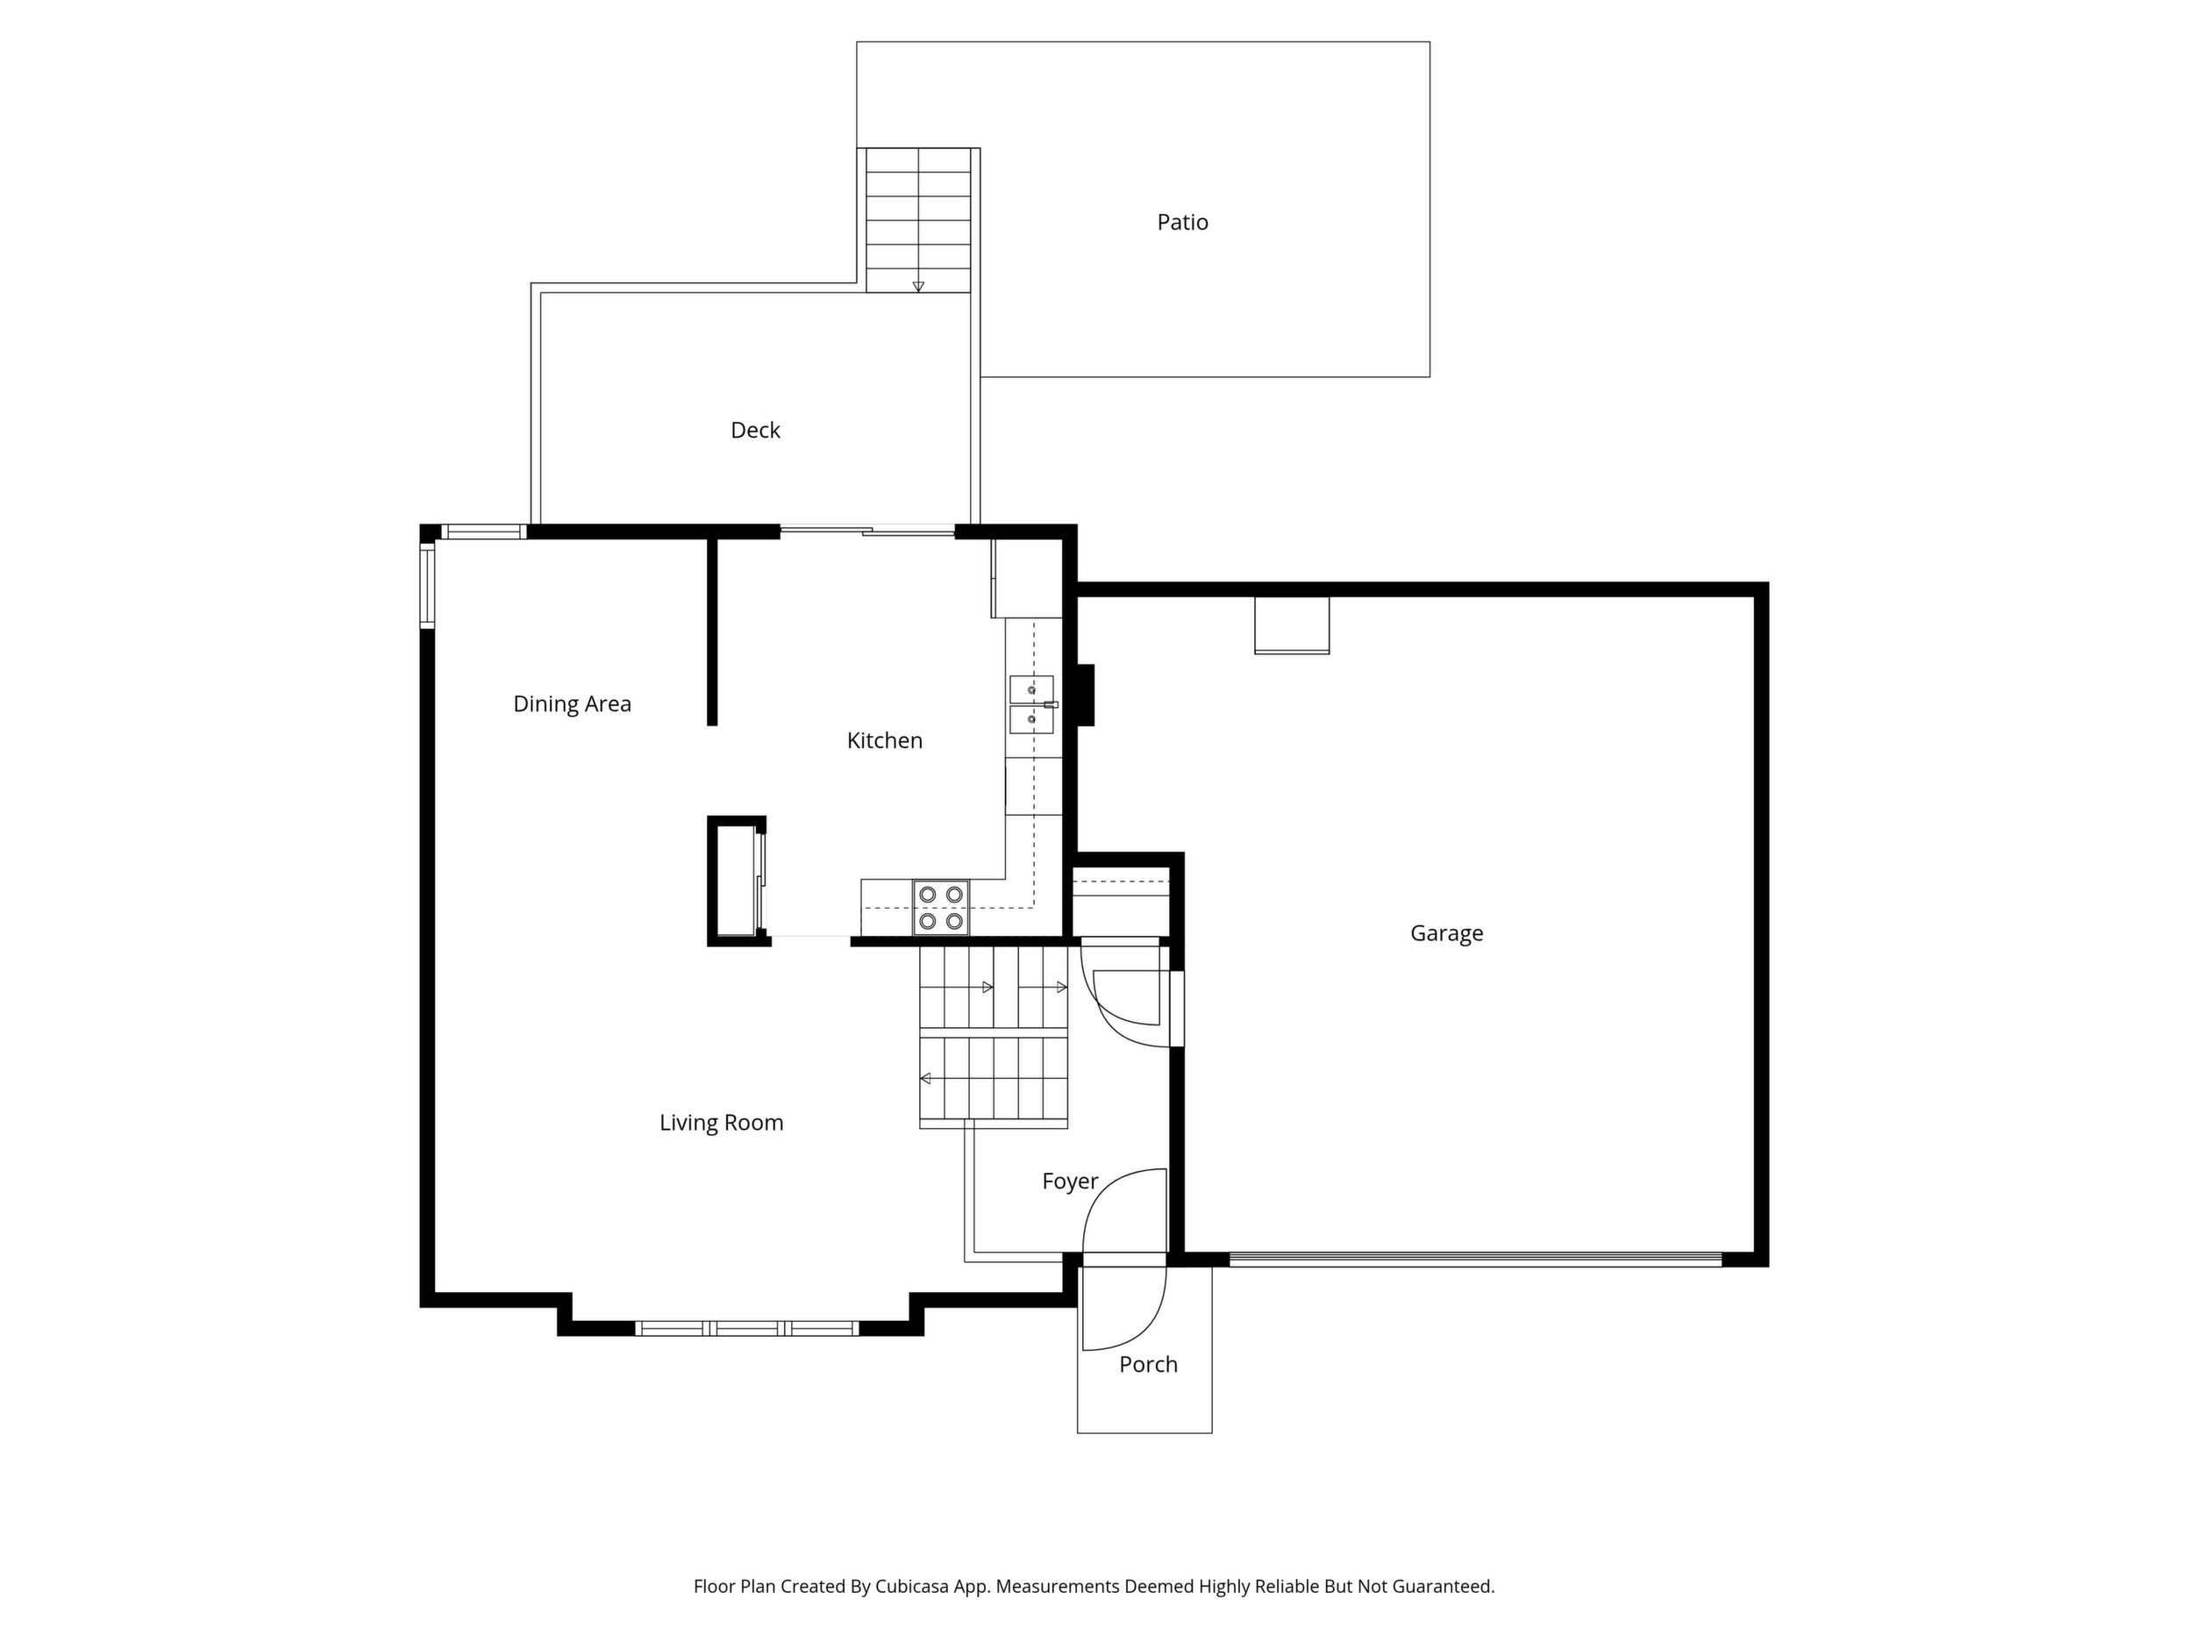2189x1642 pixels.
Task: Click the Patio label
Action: (1182, 222)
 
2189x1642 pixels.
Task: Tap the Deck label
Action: (755, 430)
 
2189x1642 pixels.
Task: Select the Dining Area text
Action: (572, 703)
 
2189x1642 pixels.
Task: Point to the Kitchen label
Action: (885, 740)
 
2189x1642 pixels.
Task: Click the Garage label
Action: (1447, 933)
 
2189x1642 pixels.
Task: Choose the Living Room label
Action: (722, 1123)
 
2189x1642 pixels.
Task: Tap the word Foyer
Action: (1070, 1182)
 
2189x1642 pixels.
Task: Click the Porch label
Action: (1148, 1365)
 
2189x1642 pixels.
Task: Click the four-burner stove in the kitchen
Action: (941, 908)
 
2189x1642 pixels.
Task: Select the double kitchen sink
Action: (1031, 704)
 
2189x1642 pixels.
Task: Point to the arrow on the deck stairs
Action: (918, 287)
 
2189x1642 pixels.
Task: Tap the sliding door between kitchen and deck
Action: (868, 532)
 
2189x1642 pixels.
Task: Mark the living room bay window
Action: (746, 1328)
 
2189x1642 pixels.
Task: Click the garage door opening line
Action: (1475, 1260)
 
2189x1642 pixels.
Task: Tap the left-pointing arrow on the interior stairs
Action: (925, 1079)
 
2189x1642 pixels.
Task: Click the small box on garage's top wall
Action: (1292, 625)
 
